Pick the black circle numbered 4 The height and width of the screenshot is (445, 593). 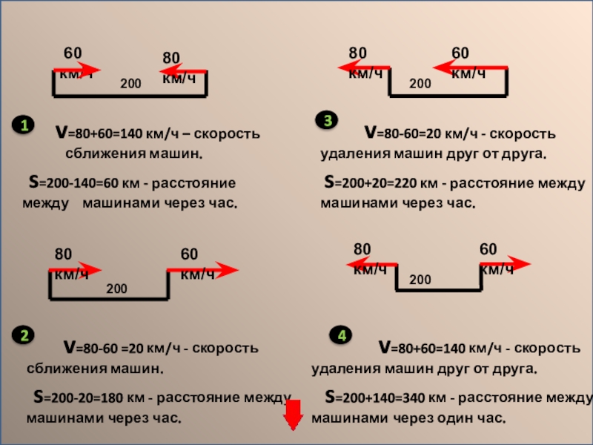pyautogui.click(x=341, y=336)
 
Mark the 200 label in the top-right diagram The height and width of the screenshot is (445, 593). pyautogui.click(x=420, y=85)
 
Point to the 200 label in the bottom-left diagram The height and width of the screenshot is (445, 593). pyautogui.click(x=116, y=287)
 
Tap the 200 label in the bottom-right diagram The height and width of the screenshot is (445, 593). pyautogui.click(x=420, y=280)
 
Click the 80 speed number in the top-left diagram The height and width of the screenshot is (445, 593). pyautogui.click(x=171, y=59)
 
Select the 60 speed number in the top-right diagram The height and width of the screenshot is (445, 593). pyautogui.click(x=460, y=53)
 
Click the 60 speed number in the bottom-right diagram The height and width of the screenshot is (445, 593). pyautogui.click(x=488, y=248)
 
